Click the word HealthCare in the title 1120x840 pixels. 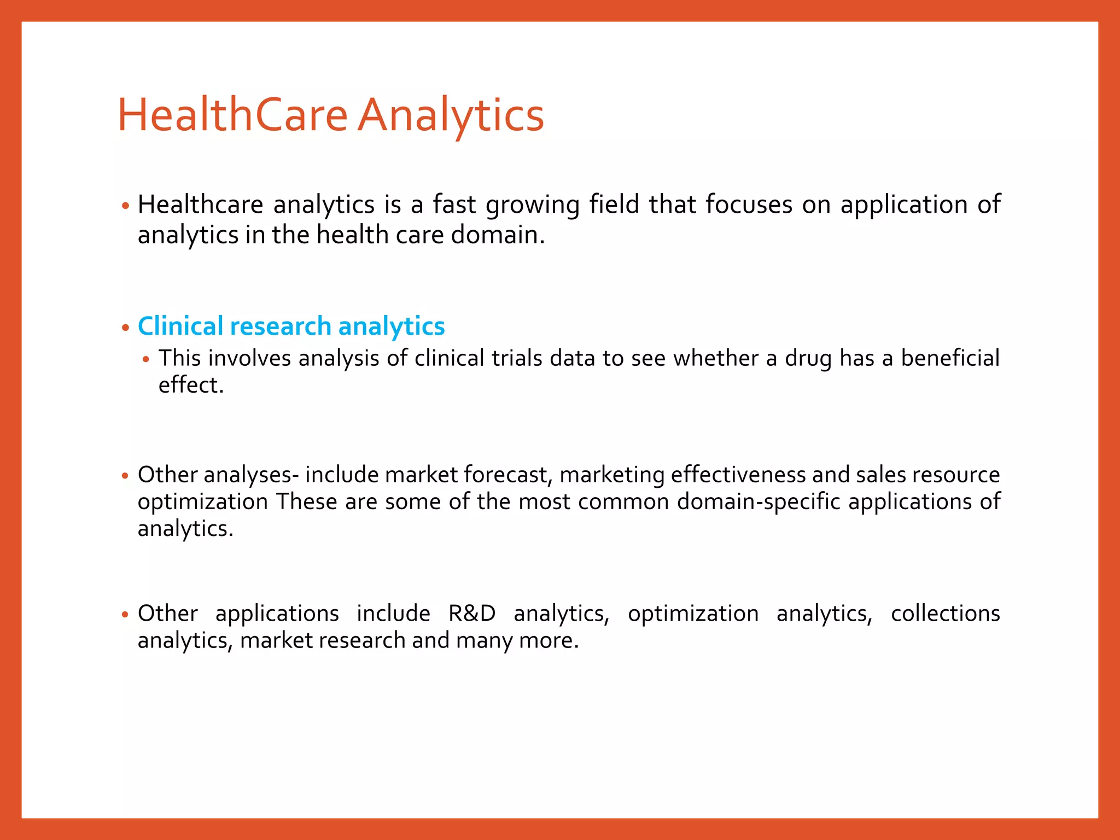[x=233, y=115]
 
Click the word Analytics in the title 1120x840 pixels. [x=451, y=116]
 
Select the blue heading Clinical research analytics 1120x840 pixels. [x=291, y=326]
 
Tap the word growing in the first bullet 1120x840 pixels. [x=532, y=205]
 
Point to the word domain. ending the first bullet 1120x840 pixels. [x=498, y=235]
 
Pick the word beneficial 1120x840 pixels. [x=950, y=358]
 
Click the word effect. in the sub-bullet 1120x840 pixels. [x=191, y=385]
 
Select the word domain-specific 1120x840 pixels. [x=759, y=501]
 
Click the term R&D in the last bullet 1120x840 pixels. [x=472, y=613]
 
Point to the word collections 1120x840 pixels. [x=945, y=613]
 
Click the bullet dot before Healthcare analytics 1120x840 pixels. [x=125, y=206]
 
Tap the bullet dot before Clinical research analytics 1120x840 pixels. [x=125, y=328]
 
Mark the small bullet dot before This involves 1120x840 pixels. [x=145, y=360]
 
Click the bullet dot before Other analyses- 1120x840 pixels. [x=125, y=476]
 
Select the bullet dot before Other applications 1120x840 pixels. [x=125, y=615]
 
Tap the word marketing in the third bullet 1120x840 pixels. [x=612, y=475]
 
